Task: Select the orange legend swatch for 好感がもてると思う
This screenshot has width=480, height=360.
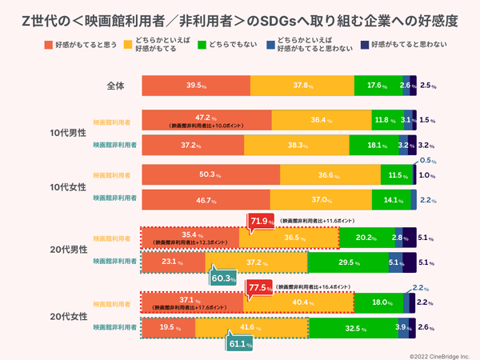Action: pyautogui.click(x=50, y=46)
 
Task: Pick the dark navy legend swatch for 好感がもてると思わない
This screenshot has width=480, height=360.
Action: pyautogui.click(x=364, y=46)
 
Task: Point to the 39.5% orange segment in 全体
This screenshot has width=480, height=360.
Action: pyautogui.click(x=196, y=85)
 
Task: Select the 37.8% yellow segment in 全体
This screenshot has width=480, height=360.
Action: pyautogui.click(x=302, y=85)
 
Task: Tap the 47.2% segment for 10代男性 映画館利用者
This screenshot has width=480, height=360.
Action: pyautogui.click(x=206, y=120)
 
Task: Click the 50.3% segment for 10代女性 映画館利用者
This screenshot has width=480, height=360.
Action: pyautogui.click(x=210, y=175)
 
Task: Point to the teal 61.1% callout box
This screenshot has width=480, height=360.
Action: pyautogui.click(x=238, y=344)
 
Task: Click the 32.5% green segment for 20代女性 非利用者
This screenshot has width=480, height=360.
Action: pyautogui.click(x=353, y=327)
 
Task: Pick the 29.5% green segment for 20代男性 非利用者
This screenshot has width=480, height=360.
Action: pyautogui.click(x=347, y=262)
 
